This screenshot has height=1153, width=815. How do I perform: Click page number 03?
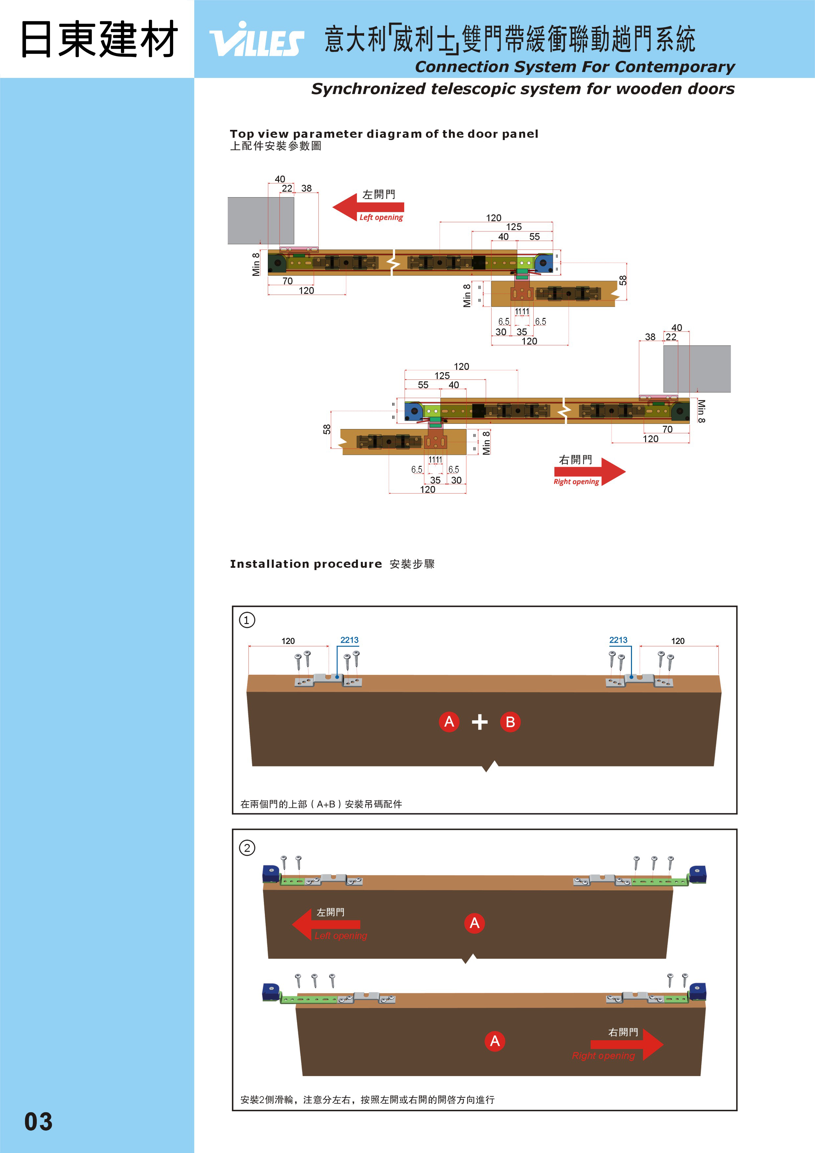pyautogui.click(x=38, y=1121)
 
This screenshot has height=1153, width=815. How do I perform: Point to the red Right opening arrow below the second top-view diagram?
pyautogui.click(x=590, y=471)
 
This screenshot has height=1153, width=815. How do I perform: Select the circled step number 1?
pyautogui.click(x=246, y=620)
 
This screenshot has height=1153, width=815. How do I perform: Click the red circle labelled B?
pyautogui.click(x=510, y=722)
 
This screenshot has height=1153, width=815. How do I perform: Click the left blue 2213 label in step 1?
pyautogui.click(x=349, y=640)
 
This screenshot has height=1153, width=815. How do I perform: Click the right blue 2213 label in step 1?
pyautogui.click(x=618, y=640)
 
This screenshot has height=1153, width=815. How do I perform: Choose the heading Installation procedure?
pyautogui.click(x=306, y=564)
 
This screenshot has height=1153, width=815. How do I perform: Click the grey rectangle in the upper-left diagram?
pyautogui.click(x=261, y=221)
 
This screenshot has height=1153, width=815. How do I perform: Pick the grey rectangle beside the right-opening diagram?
pyautogui.click(x=697, y=369)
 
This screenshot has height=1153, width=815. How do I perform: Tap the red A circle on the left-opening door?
pyautogui.click(x=474, y=923)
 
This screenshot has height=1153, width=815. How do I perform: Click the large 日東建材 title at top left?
pyautogui.click(x=99, y=39)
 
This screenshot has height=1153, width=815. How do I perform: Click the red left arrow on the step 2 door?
pyautogui.click(x=326, y=924)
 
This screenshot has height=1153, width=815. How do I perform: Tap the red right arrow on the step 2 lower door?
pyautogui.click(x=627, y=1045)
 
